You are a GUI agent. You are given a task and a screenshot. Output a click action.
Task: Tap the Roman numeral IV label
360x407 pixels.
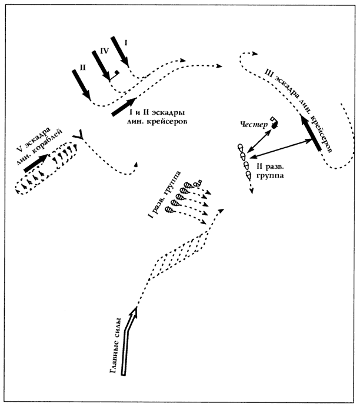pos(104,52)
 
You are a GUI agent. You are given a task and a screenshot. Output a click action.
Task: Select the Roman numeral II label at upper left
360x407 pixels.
pos(83,67)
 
